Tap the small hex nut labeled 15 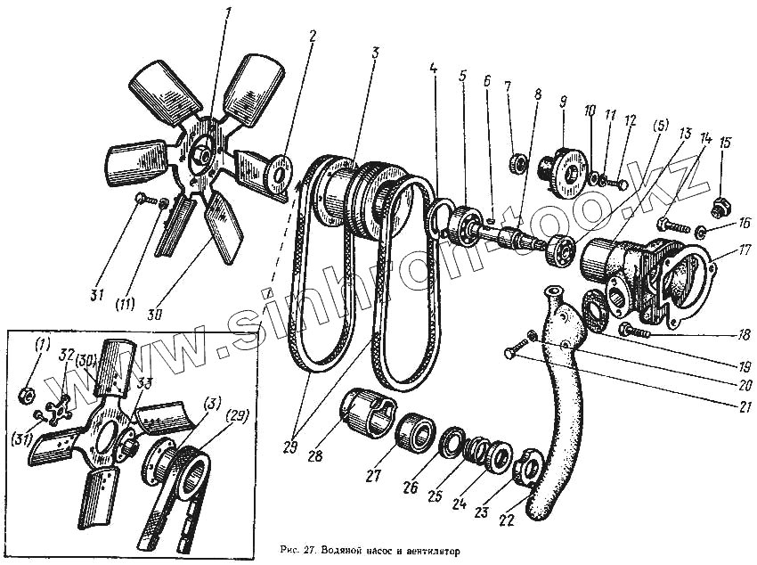click(x=719, y=210)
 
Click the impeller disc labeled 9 click(x=562, y=165)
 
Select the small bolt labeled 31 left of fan click(x=142, y=200)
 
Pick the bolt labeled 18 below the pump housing click(x=636, y=331)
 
